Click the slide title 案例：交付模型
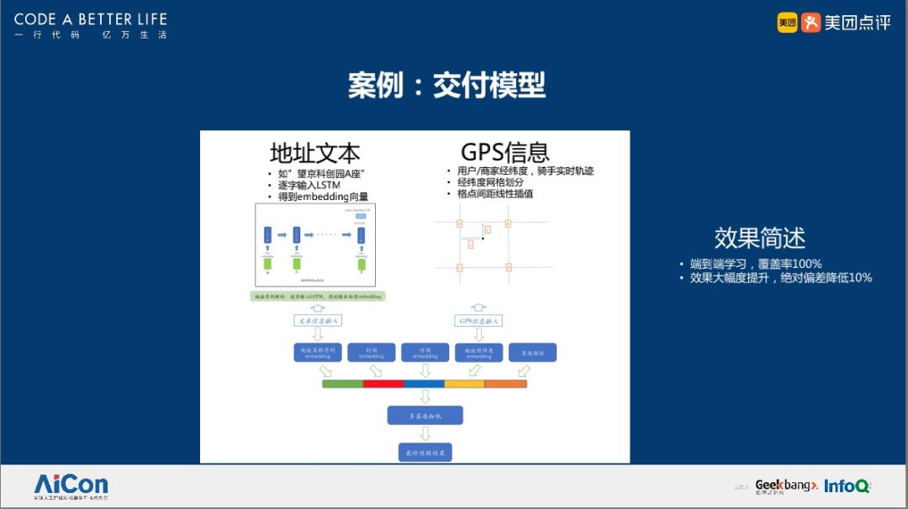point(446,85)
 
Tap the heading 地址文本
point(314,153)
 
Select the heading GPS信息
point(504,152)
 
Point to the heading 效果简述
point(759,238)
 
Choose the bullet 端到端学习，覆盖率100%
point(755,264)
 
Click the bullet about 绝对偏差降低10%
point(780,277)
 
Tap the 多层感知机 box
point(425,415)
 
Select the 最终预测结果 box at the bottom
point(425,453)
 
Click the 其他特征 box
point(532,353)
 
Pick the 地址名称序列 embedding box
point(318,353)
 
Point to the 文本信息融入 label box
point(318,320)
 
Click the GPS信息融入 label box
point(478,320)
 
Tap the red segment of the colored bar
point(383,384)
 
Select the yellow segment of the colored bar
point(464,384)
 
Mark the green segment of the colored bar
point(342,384)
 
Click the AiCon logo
point(71,485)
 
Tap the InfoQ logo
point(847,485)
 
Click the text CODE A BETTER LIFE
point(91,19)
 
